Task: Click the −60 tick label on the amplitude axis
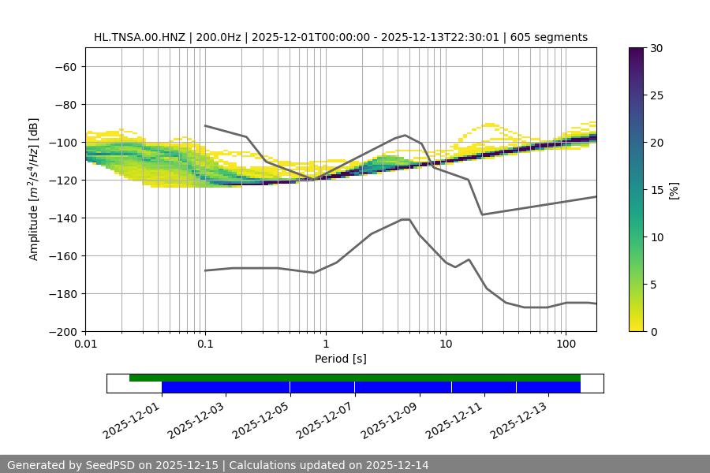[x=64, y=66]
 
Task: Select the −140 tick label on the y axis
[x=61, y=218]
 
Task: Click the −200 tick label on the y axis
[x=61, y=331]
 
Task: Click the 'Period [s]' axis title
[x=340, y=359]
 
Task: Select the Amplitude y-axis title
[x=34, y=189]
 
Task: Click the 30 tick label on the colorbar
[x=656, y=48]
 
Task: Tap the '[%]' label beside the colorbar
[x=673, y=189]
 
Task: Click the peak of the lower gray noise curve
[x=405, y=219]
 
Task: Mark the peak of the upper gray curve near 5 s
[x=405, y=135]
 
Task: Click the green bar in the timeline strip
[x=355, y=378]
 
